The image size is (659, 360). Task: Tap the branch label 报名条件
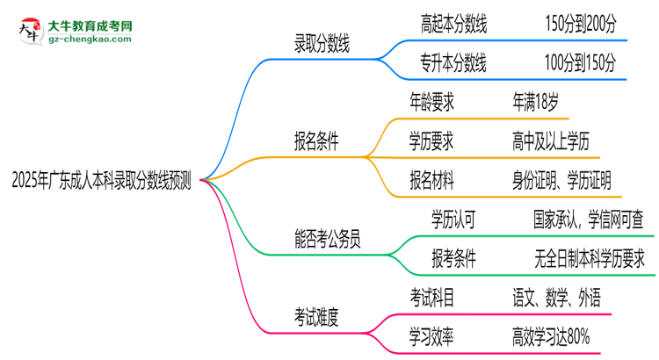[x=316, y=140]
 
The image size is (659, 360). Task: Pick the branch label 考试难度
[x=316, y=314]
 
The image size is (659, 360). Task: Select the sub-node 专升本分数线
[x=454, y=63]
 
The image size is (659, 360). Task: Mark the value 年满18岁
[x=535, y=102]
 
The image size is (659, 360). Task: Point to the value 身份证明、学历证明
[x=568, y=179]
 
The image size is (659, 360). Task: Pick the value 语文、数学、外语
[x=557, y=297]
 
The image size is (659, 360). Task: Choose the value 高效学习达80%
[x=551, y=335]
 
